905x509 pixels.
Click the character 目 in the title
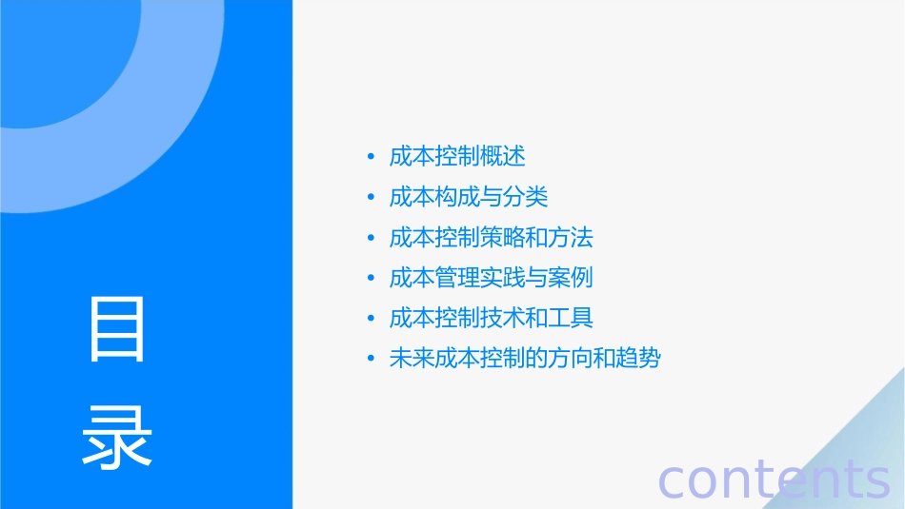117,330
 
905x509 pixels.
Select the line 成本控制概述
457,156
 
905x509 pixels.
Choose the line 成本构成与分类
469,197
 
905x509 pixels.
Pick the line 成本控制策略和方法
492,237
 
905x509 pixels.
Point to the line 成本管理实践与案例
492,278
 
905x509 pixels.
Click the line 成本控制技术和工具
492,318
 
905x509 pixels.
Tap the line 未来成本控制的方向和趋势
525,359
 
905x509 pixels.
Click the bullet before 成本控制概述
372,157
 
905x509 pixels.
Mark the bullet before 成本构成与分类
372,198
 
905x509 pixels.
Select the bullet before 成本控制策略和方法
372,238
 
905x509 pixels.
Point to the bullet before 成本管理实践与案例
372,279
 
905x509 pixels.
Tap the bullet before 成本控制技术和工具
372,319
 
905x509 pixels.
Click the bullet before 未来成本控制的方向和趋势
372,360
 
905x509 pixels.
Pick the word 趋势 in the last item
638,359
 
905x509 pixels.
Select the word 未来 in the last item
412,359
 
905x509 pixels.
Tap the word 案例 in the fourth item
571,278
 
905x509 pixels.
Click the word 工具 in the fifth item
571,318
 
